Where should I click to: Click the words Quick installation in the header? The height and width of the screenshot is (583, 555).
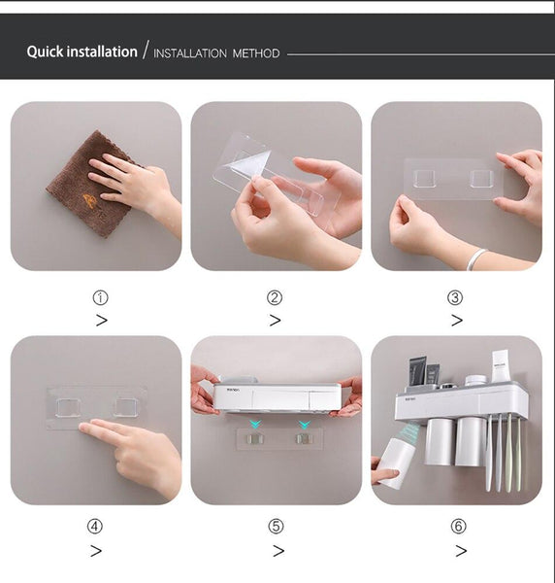coord(82,51)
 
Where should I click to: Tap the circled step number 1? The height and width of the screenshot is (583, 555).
coord(100,297)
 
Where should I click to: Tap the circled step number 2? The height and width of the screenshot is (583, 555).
coord(275,297)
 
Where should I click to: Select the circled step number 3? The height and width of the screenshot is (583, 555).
coord(455,297)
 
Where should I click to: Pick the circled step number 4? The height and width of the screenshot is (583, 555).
coord(94,527)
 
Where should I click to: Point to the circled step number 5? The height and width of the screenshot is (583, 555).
coord(277,527)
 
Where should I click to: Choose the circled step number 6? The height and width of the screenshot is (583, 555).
coord(458,527)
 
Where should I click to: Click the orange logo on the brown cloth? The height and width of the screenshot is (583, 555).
coord(89,199)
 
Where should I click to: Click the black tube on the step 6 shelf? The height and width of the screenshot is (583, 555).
coord(416,372)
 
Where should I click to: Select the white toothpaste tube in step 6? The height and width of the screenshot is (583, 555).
coord(500,366)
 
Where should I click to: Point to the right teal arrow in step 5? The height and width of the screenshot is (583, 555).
coord(304,425)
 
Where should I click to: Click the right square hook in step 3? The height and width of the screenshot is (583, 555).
coord(481,179)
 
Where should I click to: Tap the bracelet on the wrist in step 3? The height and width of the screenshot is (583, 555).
coord(476,257)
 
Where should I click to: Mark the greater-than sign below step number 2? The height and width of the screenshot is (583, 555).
coord(275,321)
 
